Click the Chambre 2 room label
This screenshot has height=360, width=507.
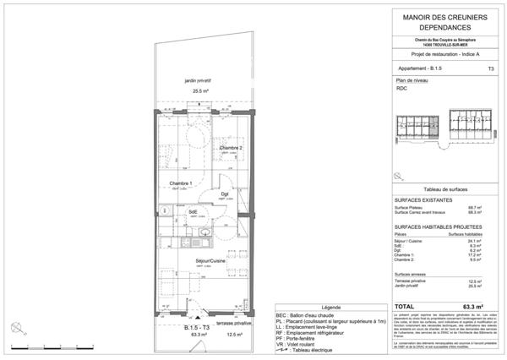click(x=232, y=149)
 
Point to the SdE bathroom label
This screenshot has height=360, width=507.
click(x=194, y=211)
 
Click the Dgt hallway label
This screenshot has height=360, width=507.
click(x=226, y=194)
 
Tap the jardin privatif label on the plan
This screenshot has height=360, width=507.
click(x=200, y=81)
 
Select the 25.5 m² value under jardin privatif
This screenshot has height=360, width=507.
click(x=200, y=91)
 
